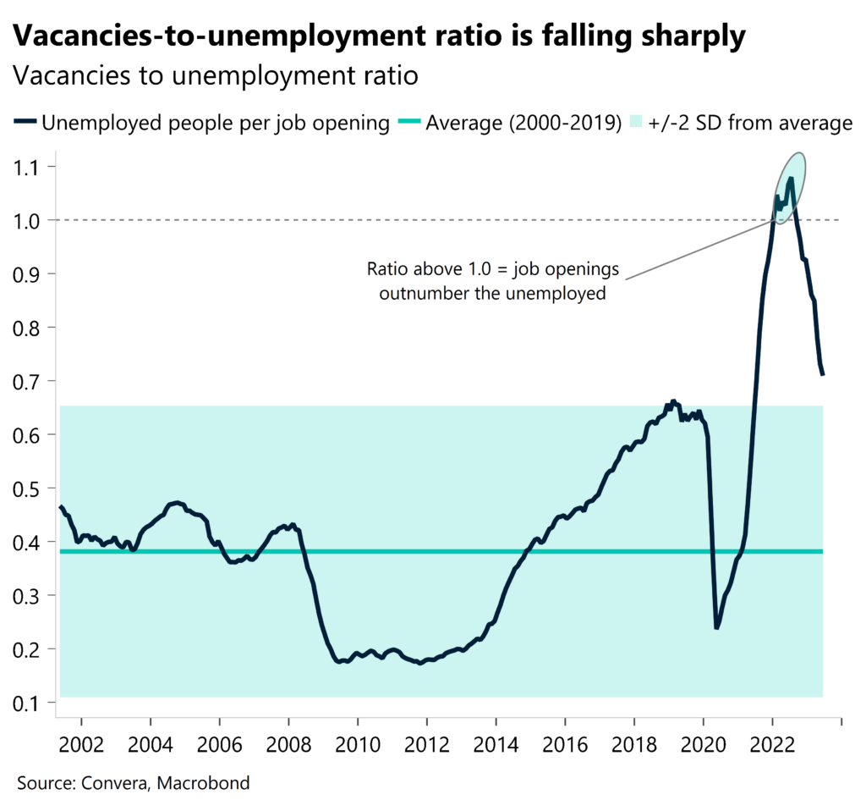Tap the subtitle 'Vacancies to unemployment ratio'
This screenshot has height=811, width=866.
point(216,76)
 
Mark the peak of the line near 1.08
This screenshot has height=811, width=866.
point(791,179)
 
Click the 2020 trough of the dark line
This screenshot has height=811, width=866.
point(716,626)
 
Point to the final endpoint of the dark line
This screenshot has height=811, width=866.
point(823,374)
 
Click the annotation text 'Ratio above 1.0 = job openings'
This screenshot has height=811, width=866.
point(492,271)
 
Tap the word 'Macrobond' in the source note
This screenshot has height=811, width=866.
point(207,783)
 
